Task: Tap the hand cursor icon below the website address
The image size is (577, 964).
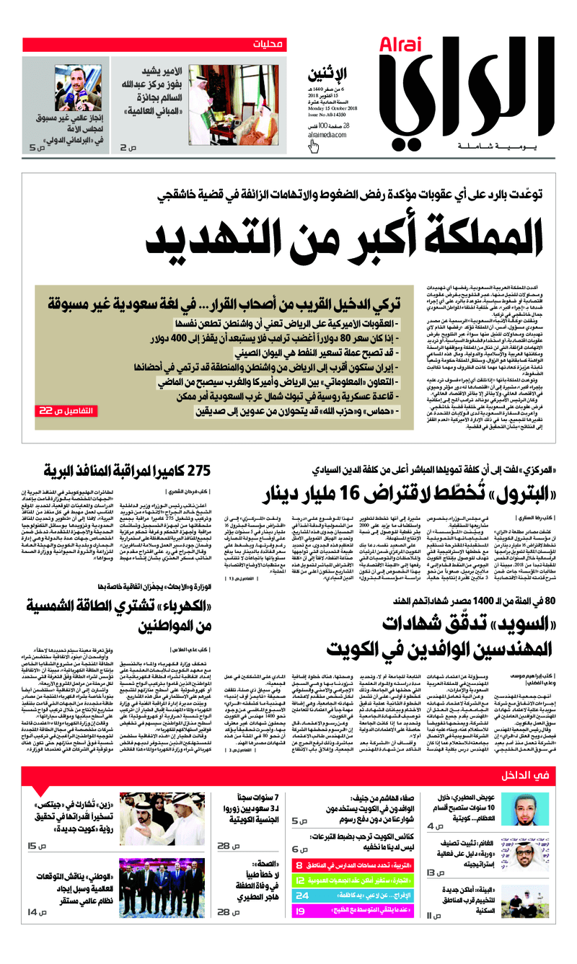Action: click(x=314, y=147)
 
